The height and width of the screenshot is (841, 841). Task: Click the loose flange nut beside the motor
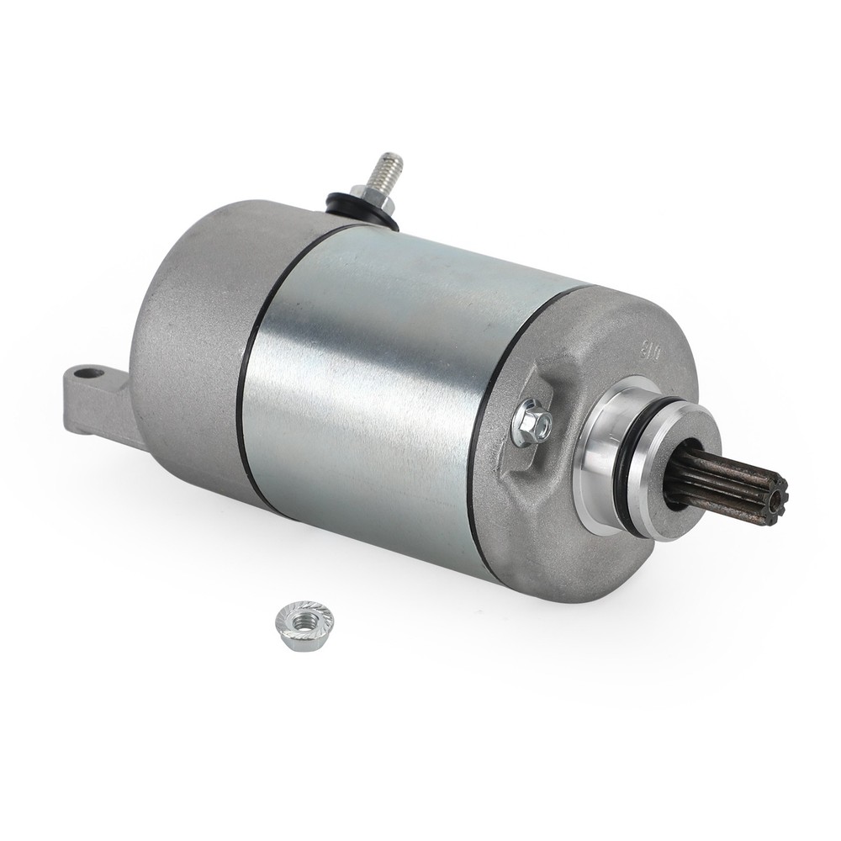coord(304,623)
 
